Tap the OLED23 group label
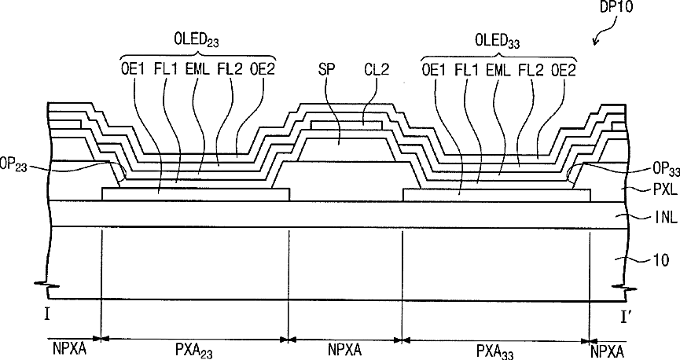tap(197, 40)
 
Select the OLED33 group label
tap(498, 41)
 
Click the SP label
tap(326, 70)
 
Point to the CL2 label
tap(377, 70)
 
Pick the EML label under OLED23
tap(197, 70)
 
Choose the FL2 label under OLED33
tap(531, 70)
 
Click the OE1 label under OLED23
tap(133, 70)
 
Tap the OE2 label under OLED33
tap(564, 70)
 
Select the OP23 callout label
tap(13, 167)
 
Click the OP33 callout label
tap(666, 170)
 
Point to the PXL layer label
tap(664, 189)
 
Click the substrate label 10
tap(660, 260)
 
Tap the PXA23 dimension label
tap(194, 351)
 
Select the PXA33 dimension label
tap(494, 351)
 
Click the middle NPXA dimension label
tap(345, 349)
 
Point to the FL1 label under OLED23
tap(166, 70)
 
